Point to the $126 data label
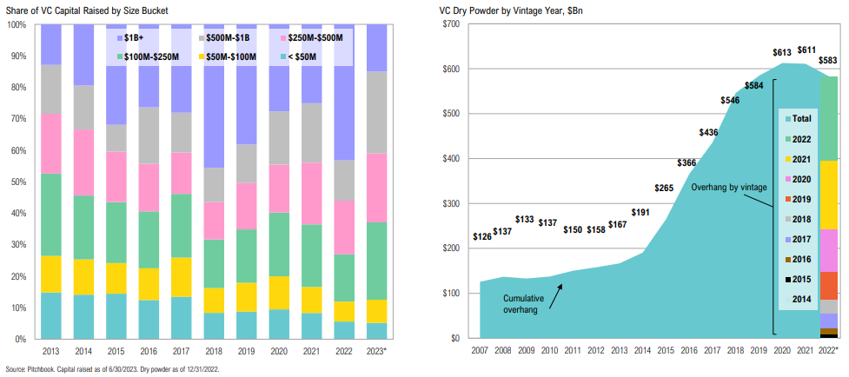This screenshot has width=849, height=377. pos(481,236)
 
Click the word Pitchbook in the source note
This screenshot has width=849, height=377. pos(43,370)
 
